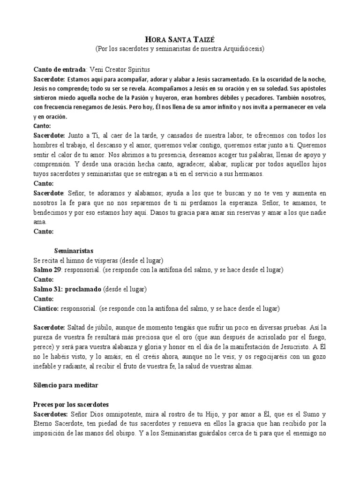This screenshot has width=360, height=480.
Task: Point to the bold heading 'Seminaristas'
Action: [x=74, y=251]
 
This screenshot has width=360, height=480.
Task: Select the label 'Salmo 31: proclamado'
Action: [x=67, y=289]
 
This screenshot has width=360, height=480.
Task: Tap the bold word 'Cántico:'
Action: [x=46, y=308]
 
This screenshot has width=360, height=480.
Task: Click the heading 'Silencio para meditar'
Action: [x=66, y=385]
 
